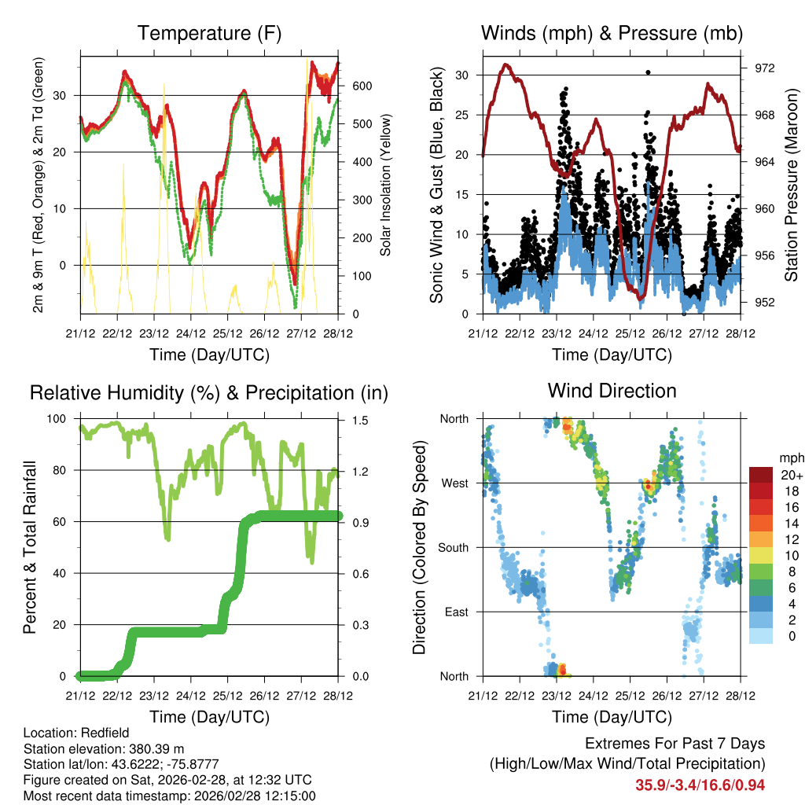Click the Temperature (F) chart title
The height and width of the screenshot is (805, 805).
point(209,34)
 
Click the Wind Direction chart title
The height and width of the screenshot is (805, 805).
point(612,391)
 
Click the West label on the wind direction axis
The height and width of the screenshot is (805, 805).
point(454,483)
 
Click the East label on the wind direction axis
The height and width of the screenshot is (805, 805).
point(455,612)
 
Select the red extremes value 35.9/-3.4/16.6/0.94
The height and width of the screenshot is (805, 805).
point(700,785)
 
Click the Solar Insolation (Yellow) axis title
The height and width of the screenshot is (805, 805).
point(385,186)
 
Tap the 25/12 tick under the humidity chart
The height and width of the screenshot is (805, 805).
point(228,697)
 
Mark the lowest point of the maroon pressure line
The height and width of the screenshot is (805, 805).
point(641,298)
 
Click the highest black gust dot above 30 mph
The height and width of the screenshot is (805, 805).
point(648,72)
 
